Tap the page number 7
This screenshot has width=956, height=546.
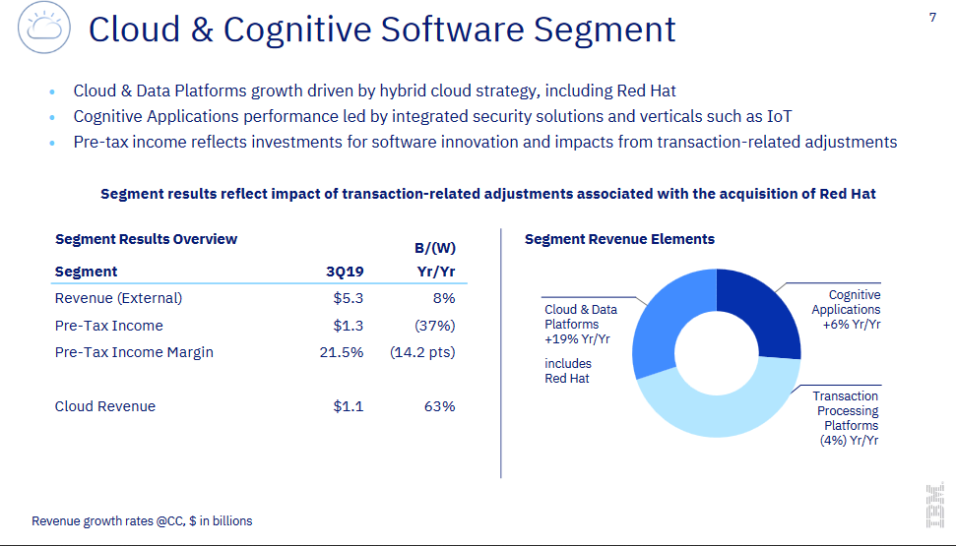[932, 17]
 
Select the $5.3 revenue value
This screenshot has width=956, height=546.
[348, 298]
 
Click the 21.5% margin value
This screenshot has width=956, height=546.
[342, 352]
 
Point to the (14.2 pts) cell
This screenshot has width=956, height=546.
[422, 352]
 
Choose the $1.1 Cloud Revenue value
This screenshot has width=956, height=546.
[348, 406]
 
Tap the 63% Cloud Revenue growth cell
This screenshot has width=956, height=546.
[439, 406]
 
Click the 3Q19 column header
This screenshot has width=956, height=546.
[345, 272]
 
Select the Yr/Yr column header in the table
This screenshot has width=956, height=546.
[436, 272]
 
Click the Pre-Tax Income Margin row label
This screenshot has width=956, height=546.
[134, 352]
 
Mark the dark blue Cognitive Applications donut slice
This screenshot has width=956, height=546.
[759, 310]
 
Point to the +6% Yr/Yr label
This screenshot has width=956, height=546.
[852, 324]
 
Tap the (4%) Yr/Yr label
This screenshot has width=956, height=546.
[849, 441]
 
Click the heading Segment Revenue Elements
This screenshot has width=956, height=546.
[619, 239]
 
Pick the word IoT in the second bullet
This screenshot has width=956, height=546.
[781, 116]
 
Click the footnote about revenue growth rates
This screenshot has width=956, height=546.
[142, 520]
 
